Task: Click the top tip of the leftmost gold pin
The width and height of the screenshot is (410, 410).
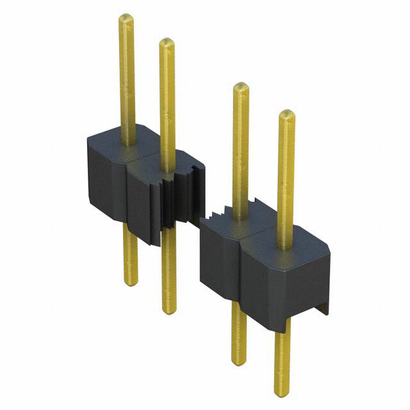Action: [126, 17]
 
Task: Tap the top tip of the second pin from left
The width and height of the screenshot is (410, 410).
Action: [167, 42]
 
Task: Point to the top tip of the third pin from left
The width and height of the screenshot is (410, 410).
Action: [240, 86]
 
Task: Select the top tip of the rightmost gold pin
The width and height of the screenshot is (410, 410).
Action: [286, 114]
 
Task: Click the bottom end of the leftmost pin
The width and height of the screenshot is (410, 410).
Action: [130, 281]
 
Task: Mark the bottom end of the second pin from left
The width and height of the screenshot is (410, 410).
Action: [169, 310]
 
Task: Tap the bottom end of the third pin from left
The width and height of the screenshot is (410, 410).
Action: [239, 361]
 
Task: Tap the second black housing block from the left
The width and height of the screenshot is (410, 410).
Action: [146, 199]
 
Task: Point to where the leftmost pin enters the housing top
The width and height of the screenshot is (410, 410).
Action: [127, 142]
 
